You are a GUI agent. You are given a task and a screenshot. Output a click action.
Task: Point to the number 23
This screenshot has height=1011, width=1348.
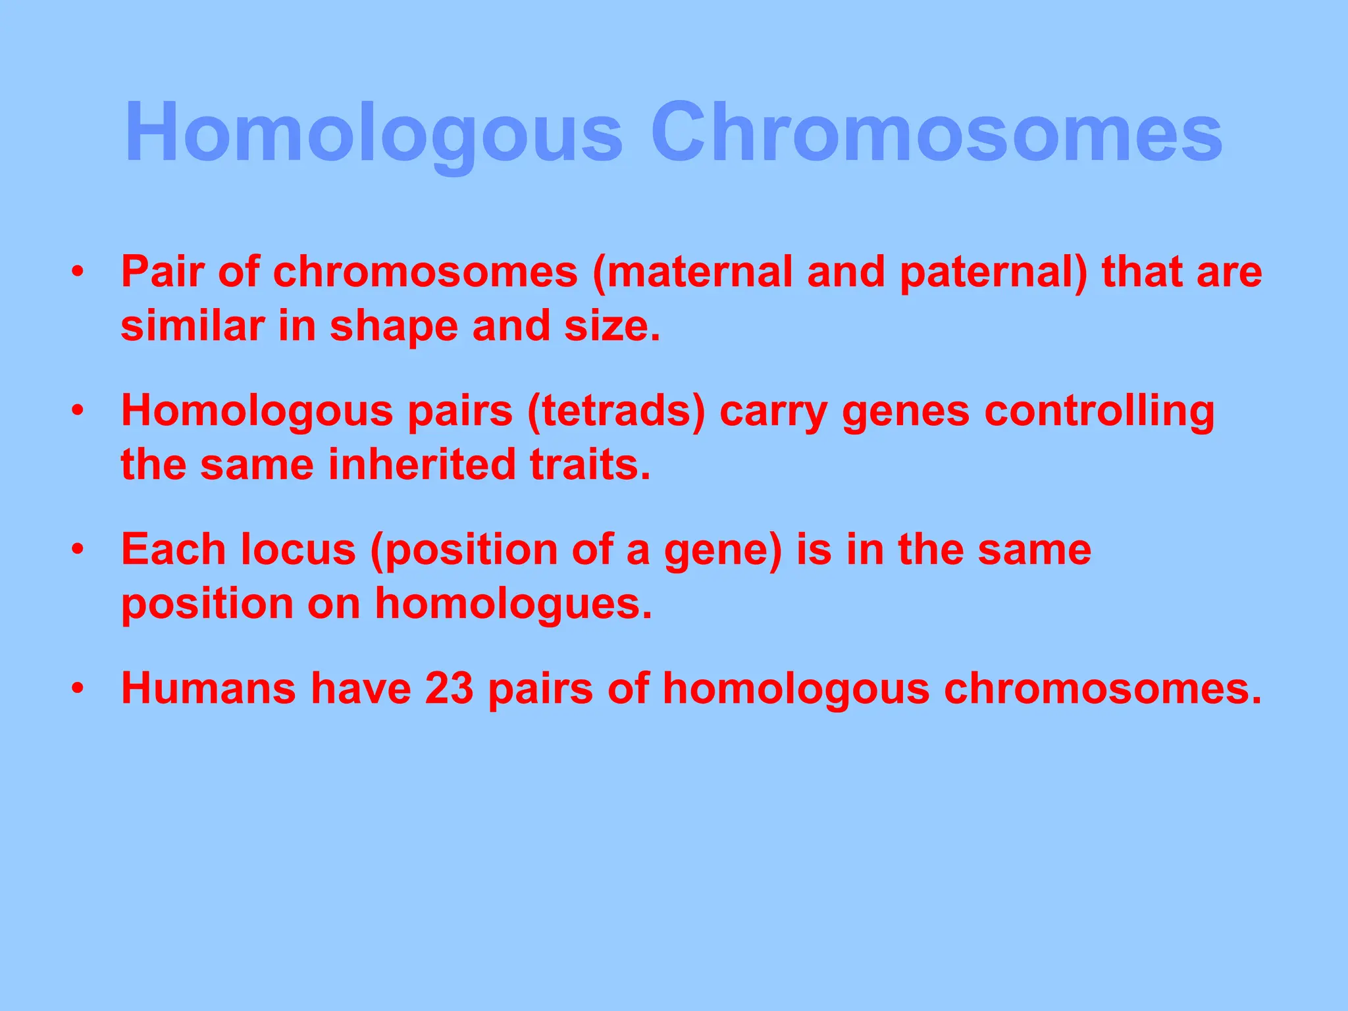coord(449,688)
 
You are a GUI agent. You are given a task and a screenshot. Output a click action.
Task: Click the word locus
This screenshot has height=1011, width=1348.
coord(298,550)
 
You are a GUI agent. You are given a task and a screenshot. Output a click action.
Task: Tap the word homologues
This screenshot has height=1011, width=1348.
coord(513,604)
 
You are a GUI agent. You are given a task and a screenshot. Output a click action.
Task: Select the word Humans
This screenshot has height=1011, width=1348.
coord(209,688)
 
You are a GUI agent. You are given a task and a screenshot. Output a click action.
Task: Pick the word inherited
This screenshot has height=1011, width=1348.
coord(422,465)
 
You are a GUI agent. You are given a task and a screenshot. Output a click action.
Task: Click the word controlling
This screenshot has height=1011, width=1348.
coord(1099,411)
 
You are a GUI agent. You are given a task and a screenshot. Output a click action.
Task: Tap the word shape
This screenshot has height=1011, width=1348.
coord(394,326)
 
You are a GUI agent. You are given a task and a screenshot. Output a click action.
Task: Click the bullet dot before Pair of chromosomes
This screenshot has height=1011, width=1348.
coord(78,272)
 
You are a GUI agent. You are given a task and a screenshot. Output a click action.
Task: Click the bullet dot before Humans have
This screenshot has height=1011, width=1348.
coord(78,688)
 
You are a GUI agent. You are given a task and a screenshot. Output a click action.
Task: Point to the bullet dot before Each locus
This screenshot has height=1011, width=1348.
coord(78,550)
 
